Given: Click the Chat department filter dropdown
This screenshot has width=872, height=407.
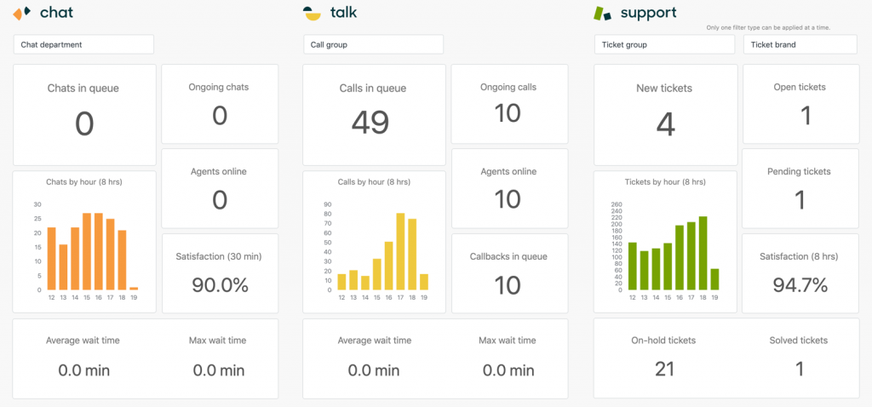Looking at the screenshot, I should tap(83, 44).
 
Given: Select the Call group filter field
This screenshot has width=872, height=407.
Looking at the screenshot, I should tap(373, 44).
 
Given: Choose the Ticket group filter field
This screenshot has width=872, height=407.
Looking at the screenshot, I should tap(664, 44).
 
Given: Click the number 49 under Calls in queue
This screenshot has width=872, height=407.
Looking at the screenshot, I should tap(370, 123).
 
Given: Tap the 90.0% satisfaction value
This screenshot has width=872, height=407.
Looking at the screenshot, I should tap(220, 285).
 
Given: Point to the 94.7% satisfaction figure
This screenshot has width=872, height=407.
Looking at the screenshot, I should tap(800, 285).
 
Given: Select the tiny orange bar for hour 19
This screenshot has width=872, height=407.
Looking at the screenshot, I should tap(134, 289).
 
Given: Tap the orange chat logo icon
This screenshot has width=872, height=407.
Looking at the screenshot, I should tap(23, 13).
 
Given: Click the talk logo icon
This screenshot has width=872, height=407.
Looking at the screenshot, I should tap(313, 13).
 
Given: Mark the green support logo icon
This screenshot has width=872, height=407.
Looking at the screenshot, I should tap(603, 13).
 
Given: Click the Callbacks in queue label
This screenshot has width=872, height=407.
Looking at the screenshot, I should tap(508, 256).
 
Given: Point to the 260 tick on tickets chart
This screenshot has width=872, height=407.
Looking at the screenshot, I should tap(618, 204).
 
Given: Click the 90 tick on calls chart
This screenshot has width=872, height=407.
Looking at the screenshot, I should tap(328, 204).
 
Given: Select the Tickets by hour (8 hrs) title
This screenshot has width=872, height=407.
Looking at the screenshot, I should tap(665, 181).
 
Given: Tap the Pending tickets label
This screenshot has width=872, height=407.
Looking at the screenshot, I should tap(800, 171).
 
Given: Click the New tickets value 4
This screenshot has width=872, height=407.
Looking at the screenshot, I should tap(666, 124).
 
